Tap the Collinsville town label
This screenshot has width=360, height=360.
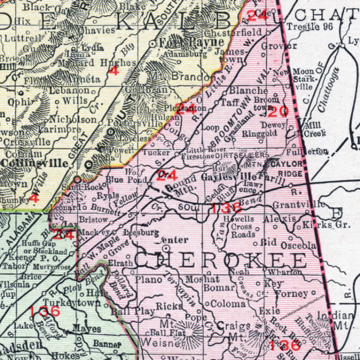click(x=37, y=163)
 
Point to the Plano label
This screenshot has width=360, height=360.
click(x=149, y=280)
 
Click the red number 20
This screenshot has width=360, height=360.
click(x=278, y=111)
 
